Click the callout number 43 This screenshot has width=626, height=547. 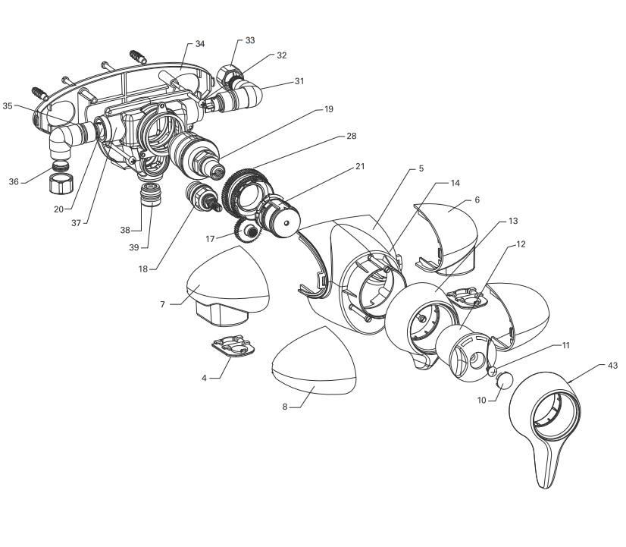tap(612, 366)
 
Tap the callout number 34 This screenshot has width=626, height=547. tap(200, 44)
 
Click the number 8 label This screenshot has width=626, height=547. tap(285, 407)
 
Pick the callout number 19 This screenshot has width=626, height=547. tap(328, 109)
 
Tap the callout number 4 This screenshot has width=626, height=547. tap(204, 377)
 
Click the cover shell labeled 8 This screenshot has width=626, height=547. tap(315, 363)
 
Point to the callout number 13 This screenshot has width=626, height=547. tap(513, 221)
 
